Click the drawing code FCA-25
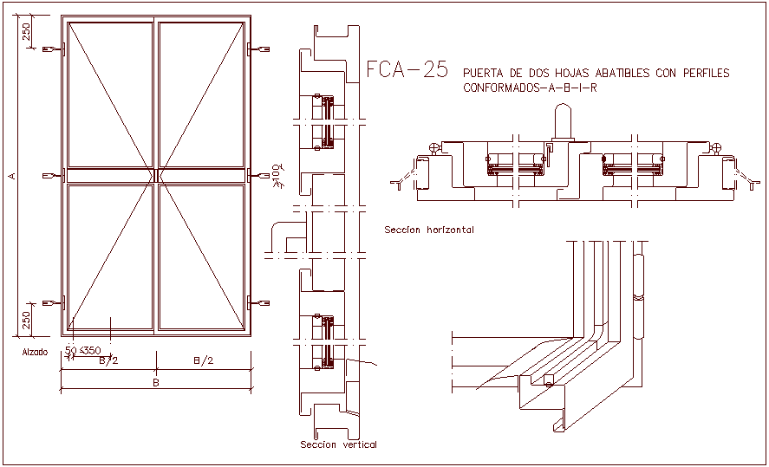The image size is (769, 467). pyautogui.click(x=407, y=70)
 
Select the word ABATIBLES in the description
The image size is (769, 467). pyautogui.click(x=618, y=74)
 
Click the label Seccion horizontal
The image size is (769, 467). pyautogui.click(x=428, y=230)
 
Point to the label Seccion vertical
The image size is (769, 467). pyautogui.click(x=338, y=444)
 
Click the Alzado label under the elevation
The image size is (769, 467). pyautogui.click(x=36, y=353)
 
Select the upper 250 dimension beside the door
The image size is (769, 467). pyautogui.click(x=27, y=33)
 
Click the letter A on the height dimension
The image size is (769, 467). pyautogui.click(x=11, y=176)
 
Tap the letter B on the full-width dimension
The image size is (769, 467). pyautogui.click(x=156, y=381)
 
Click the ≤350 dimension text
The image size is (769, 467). pyautogui.click(x=89, y=351)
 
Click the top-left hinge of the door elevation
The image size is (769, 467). pyautogui.click(x=56, y=49)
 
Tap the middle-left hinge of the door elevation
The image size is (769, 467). pyautogui.click(x=56, y=176)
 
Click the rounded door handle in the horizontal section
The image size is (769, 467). pyautogui.click(x=562, y=122)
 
